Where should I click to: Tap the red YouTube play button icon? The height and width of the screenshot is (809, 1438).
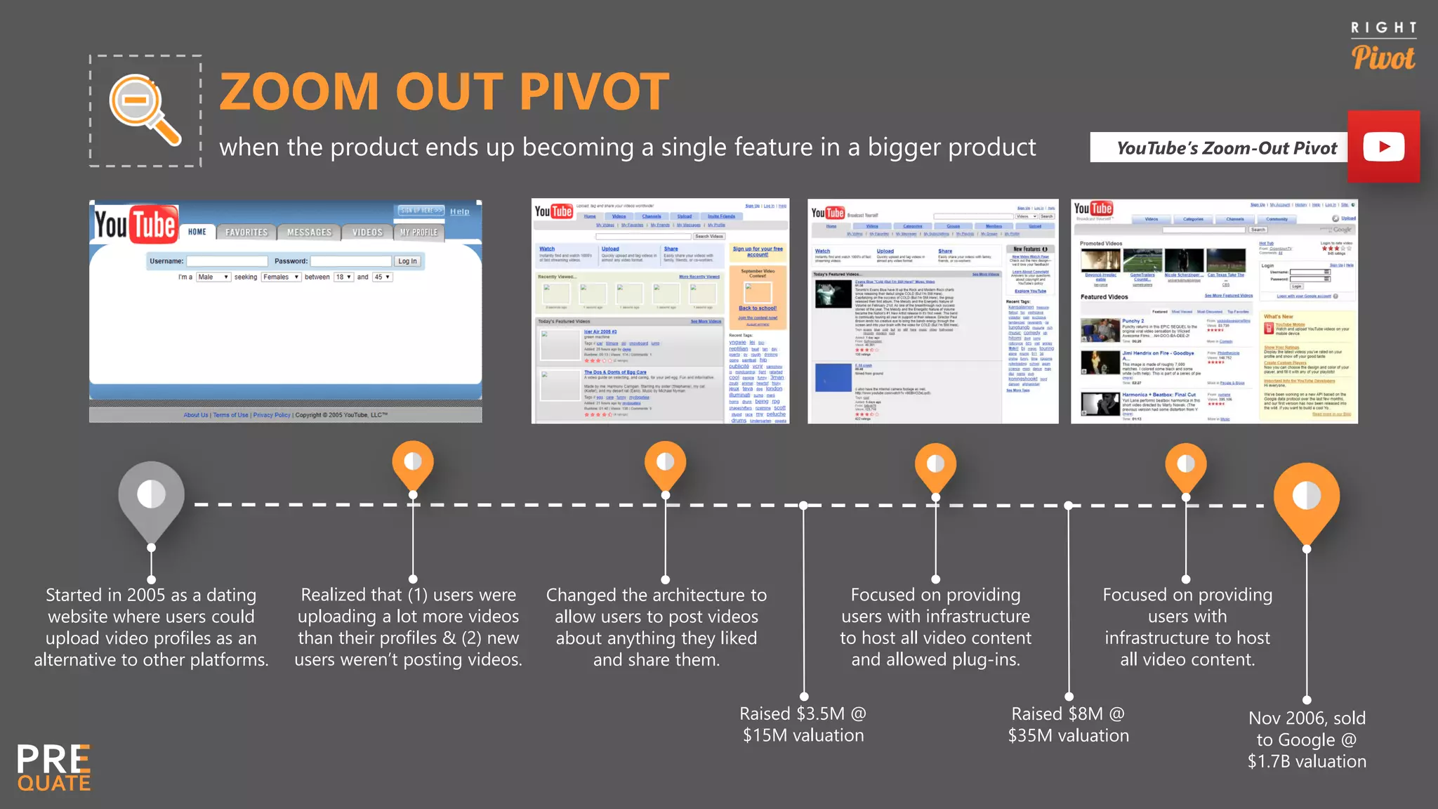(1383, 147)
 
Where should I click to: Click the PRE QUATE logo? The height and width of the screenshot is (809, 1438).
(54, 768)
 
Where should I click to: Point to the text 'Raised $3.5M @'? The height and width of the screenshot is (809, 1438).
(803, 713)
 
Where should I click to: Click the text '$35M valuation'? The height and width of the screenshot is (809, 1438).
(1068, 735)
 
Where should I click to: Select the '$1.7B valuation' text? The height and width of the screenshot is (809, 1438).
(1306, 761)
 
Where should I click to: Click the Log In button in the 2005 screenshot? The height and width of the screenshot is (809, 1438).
(407, 261)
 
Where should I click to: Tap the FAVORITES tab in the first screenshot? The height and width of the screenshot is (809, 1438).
(246, 232)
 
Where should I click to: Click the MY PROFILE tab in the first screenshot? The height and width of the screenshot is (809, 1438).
(418, 232)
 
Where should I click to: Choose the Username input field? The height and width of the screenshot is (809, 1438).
(226, 261)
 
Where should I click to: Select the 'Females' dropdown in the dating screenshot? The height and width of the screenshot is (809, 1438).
(280, 277)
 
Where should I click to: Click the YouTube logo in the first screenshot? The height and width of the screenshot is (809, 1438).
(136, 225)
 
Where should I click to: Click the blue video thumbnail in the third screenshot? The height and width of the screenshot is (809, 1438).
(833, 377)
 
